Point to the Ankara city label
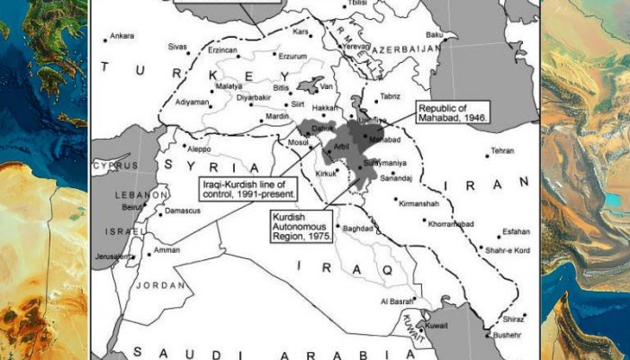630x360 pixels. point(121,37)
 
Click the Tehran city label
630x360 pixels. point(502,150)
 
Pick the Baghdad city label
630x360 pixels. point(357,229)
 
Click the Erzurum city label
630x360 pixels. point(292,56)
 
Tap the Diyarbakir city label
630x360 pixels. point(251,96)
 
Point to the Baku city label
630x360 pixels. point(435,35)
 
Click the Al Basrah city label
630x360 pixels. point(395,301)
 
